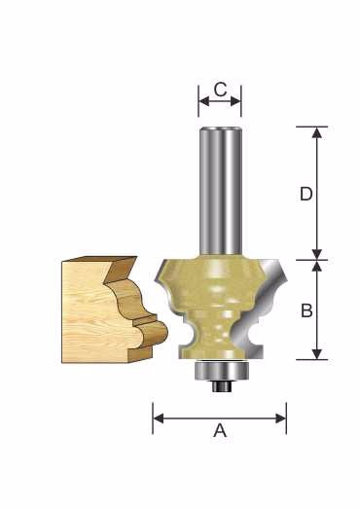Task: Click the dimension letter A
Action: pyautogui.click(x=220, y=431)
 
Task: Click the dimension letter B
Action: pyautogui.click(x=306, y=310)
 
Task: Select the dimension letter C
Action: pyautogui.click(x=221, y=90)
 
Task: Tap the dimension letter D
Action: pyautogui.click(x=306, y=194)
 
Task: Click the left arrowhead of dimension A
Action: pyautogui.click(x=158, y=419)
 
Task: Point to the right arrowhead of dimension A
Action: pyautogui.click(x=280, y=419)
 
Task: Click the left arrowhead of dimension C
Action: pyautogui.click(x=203, y=101)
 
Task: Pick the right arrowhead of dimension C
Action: pyautogui.click(x=235, y=101)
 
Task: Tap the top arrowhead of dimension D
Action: pyautogui.click(x=317, y=132)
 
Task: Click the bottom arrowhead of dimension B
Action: pyautogui.click(x=317, y=354)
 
